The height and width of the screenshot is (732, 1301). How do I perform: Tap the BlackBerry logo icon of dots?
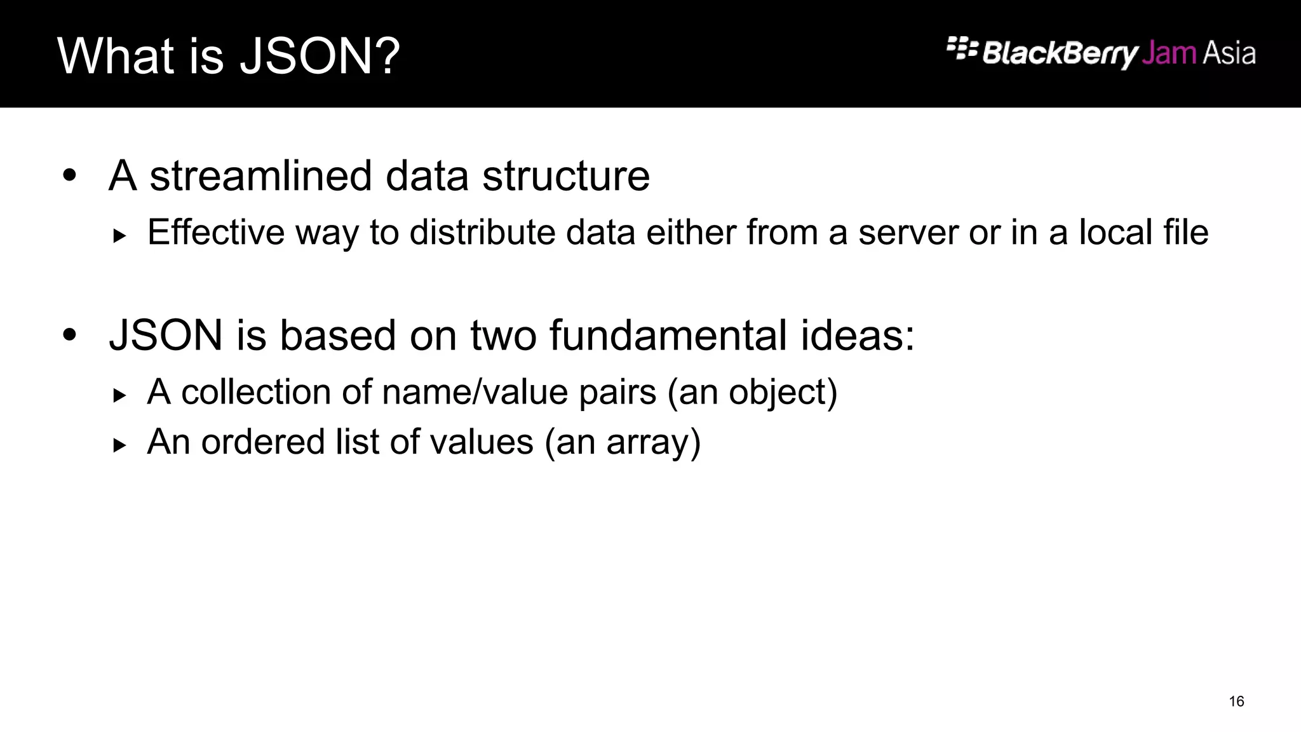pos(961,48)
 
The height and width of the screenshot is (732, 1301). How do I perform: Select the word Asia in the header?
pos(1229,53)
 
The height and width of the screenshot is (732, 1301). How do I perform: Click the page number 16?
pos(1236,701)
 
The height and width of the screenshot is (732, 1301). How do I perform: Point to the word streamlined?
pos(260,176)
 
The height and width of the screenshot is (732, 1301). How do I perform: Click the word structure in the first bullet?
pos(566,176)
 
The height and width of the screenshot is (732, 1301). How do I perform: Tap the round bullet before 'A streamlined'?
pos(69,175)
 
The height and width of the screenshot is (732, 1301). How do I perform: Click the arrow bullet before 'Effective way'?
pos(119,236)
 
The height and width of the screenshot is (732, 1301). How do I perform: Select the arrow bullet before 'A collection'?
pos(119,396)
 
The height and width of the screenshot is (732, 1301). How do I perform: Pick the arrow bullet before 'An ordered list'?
pos(119,445)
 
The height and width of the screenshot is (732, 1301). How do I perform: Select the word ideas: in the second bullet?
pos(857,335)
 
